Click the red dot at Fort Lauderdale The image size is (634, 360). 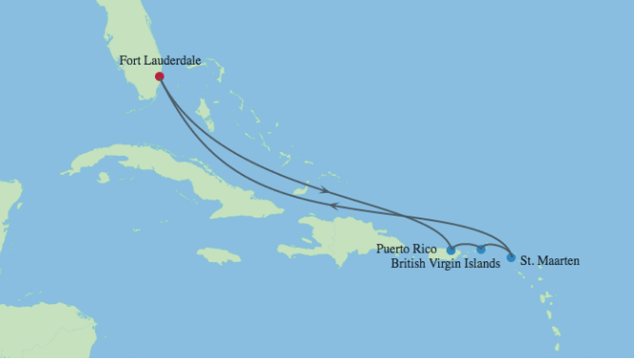pyautogui.click(x=160, y=77)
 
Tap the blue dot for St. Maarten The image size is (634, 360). pyautogui.click(x=510, y=257)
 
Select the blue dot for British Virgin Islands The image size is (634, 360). pyautogui.click(x=481, y=250)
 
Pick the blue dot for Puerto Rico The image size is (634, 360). pyautogui.click(x=451, y=251)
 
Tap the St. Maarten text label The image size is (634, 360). pyautogui.click(x=549, y=259)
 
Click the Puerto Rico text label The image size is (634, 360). pyautogui.click(x=407, y=249)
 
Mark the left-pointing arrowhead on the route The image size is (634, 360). pyautogui.click(x=333, y=203)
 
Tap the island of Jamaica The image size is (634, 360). pyautogui.click(x=219, y=255)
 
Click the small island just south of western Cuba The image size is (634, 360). pyautogui.click(x=103, y=178)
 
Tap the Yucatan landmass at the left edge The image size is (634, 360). pyautogui.click(x=8, y=209)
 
